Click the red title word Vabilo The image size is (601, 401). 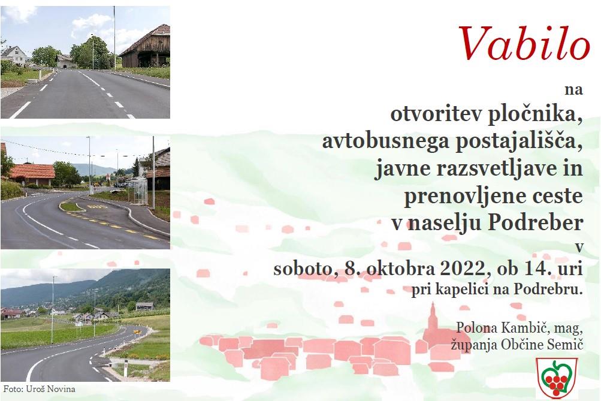524,43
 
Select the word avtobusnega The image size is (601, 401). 386,141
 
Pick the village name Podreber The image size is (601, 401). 536,222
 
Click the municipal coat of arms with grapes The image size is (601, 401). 557,378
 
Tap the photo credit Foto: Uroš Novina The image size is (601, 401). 40,389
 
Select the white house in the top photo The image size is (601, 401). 13,56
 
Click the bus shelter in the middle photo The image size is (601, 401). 140,191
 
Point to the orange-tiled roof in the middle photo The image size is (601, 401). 32,171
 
